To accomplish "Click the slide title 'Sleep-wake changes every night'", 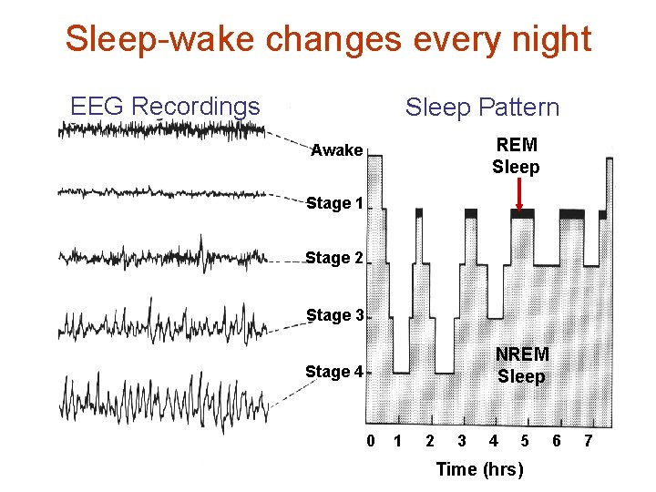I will click(x=328, y=39).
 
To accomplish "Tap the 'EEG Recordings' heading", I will click(x=165, y=107).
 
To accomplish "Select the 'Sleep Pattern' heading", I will click(x=482, y=108).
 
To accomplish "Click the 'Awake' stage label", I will click(x=336, y=150).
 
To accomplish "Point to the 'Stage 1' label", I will click(x=334, y=203).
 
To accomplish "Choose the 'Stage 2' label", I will click(x=334, y=259).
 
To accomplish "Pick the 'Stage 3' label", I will click(x=334, y=315).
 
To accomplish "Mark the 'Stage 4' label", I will click(x=334, y=372).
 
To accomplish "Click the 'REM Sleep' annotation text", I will click(x=516, y=156).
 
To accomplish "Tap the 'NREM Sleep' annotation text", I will click(x=521, y=365).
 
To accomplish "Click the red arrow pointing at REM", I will click(x=518, y=194).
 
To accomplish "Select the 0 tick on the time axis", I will click(x=371, y=442).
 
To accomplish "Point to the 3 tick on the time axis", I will click(x=462, y=442).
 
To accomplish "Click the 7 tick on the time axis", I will click(x=588, y=442).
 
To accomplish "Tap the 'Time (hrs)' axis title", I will click(x=480, y=469).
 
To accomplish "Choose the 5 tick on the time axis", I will click(x=525, y=442).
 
